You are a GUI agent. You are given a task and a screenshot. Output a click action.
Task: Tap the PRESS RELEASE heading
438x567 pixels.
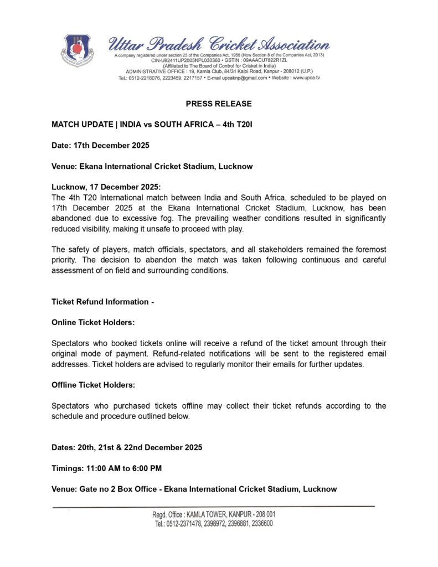[219, 104]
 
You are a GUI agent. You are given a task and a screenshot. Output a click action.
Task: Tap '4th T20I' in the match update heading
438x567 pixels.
[236, 125]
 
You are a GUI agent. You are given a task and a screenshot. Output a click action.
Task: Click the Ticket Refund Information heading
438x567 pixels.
[102, 302]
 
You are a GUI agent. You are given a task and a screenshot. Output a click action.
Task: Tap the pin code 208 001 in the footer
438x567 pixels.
[263, 514]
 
